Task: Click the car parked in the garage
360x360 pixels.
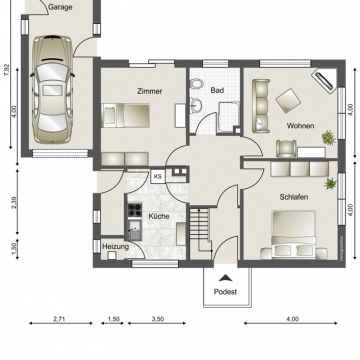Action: (52, 90)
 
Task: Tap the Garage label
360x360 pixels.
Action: (60, 5)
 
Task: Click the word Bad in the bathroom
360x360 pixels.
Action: (217, 90)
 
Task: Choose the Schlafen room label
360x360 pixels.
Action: (293, 197)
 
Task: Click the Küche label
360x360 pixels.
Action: (159, 216)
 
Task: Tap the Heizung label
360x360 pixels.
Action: (116, 245)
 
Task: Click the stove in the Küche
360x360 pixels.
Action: (134, 210)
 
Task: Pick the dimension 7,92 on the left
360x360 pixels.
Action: (7, 70)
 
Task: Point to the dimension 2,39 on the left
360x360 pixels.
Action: (7, 203)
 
